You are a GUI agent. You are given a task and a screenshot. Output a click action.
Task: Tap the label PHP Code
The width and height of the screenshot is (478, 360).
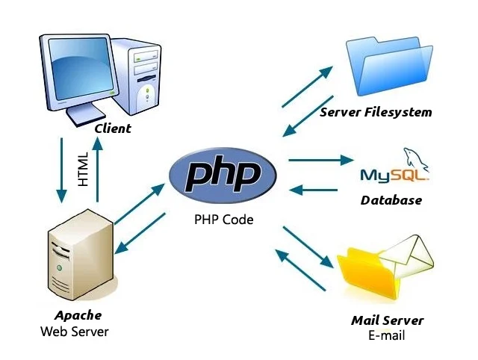pyautogui.click(x=223, y=220)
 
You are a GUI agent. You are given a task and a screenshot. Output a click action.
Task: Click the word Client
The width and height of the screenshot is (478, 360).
pyautogui.click(x=112, y=128)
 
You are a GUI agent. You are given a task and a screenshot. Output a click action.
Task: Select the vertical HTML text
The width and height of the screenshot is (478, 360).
pyautogui.click(x=83, y=169)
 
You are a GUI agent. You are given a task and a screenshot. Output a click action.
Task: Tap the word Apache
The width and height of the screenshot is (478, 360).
pyautogui.click(x=78, y=314)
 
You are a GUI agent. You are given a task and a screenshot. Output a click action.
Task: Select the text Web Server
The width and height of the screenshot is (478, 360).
pyautogui.click(x=75, y=331)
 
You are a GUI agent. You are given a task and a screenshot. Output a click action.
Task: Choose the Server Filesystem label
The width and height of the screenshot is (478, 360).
pyautogui.click(x=376, y=112)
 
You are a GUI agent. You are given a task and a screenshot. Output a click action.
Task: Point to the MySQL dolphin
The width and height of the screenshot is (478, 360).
pyautogui.click(x=415, y=158)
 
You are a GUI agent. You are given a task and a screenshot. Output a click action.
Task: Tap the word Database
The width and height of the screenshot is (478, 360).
pyautogui.click(x=391, y=199)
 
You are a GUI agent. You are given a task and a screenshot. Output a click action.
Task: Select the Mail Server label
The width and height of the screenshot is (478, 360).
pyautogui.click(x=387, y=320)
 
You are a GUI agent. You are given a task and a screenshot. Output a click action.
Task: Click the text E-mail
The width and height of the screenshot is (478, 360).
pyautogui.click(x=386, y=335)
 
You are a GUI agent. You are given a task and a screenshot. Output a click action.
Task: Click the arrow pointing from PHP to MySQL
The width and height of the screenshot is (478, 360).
pyautogui.click(x=320, y=160)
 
